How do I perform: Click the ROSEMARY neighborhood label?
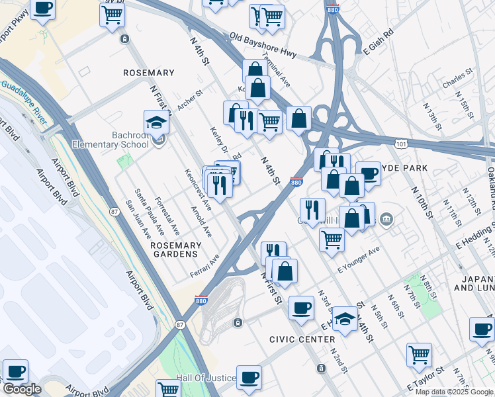[x=149, y=73]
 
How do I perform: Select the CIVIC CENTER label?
[x=302, y=339]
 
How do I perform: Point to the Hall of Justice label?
[x=206, y=378]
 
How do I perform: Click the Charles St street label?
[x=457, y=79]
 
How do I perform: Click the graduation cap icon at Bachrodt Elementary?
[x=156, y=122]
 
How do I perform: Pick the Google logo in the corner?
[x=21, y=389]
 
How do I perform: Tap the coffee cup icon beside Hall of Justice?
[x=249, y=376]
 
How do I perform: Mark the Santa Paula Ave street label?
[x=149, y=212]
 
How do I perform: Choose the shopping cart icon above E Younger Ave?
[x=332, y=238]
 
